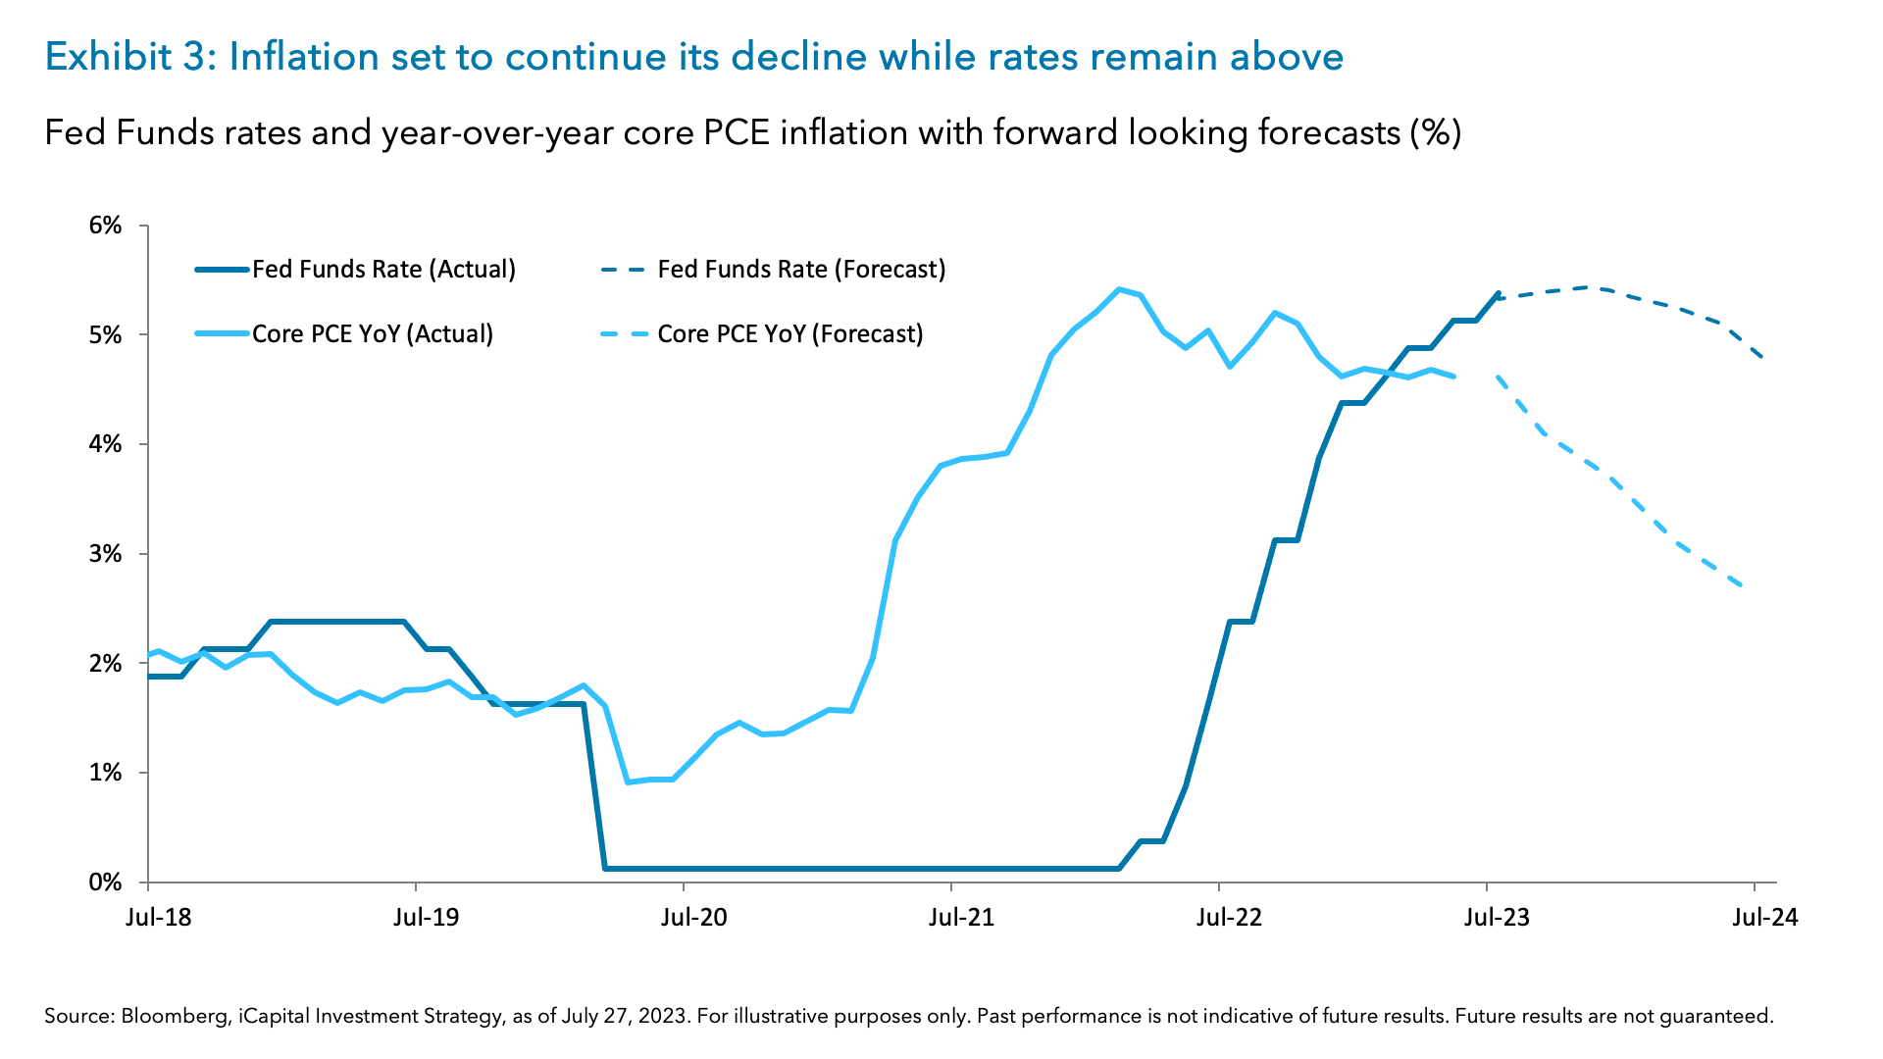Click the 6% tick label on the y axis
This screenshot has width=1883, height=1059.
(x=105, y=226)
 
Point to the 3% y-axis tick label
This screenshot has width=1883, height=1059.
(x=105, y=554)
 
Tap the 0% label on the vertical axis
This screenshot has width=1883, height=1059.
(x=105, y=882)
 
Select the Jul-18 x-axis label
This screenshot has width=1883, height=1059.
(x=159, y=918)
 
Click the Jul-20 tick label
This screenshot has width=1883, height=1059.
(x=694, y=918)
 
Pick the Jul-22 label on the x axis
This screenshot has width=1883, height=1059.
(x=1229, y=918)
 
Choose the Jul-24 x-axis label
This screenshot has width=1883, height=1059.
(x=1764, y=918)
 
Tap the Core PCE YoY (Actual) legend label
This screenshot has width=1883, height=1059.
(x=373, y=334)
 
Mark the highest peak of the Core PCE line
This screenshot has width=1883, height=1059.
(x=1119, y=289)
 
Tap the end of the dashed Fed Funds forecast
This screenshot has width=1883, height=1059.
(x=1763, y=357)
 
